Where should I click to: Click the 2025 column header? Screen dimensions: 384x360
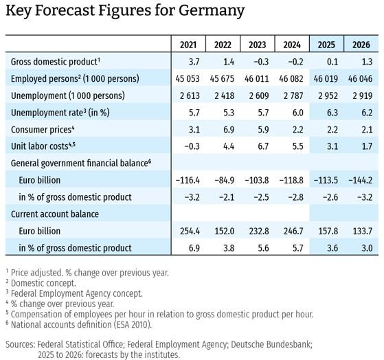click(326, 45)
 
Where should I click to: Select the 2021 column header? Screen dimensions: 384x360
click(188, 45)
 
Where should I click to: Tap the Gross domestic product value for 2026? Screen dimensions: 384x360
click(367, 62)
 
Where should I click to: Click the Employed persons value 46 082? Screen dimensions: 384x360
click(291, 78)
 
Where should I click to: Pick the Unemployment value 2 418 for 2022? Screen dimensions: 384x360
click(225, 95)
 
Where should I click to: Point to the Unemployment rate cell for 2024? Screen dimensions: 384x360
click(297, 113)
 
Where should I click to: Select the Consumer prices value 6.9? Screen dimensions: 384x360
click(229, 130)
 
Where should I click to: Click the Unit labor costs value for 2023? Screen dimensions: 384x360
click(263, 146)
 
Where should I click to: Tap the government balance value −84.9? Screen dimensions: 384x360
click(225, 180)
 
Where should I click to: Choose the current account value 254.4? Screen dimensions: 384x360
click(190, 232)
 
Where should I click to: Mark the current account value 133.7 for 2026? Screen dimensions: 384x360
click(363, 232)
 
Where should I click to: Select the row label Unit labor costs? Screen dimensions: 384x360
click(43, 146)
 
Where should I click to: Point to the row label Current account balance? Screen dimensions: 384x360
click(55, 214)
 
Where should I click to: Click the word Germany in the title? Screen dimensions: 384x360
click(212, 11)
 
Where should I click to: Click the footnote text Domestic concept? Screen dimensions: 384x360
click(43, 283)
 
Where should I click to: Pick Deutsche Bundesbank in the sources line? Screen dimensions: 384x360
click(271, 345)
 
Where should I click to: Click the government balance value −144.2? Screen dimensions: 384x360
click(361, 180)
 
